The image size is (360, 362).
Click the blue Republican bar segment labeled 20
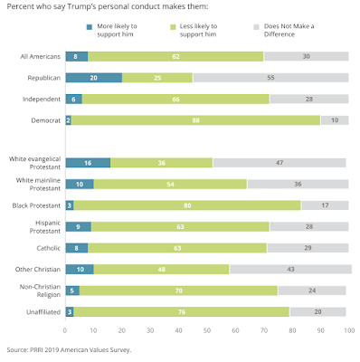94,78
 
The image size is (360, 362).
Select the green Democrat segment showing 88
195,120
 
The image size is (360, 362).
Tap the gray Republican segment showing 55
270,78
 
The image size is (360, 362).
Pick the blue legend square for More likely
90,27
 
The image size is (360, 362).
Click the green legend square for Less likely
173,27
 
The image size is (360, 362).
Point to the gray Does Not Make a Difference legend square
257,27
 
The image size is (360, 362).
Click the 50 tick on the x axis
207,330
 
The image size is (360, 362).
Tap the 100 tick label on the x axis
349,330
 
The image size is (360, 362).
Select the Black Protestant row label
36,205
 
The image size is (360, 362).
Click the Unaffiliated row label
43,312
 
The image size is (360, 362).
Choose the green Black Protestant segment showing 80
187,205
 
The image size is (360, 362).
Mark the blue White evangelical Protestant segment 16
88,163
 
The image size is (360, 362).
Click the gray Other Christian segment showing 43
290,269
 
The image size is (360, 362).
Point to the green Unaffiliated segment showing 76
181,312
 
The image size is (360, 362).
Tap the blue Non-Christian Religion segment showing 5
72,291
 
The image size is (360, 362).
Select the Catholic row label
49,248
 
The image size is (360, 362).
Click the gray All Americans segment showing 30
306,56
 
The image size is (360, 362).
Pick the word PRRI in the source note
37,350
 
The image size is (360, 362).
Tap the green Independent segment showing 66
175,99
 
